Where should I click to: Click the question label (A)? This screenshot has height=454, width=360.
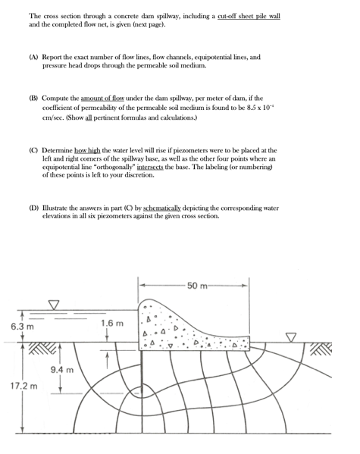point(34,57)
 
